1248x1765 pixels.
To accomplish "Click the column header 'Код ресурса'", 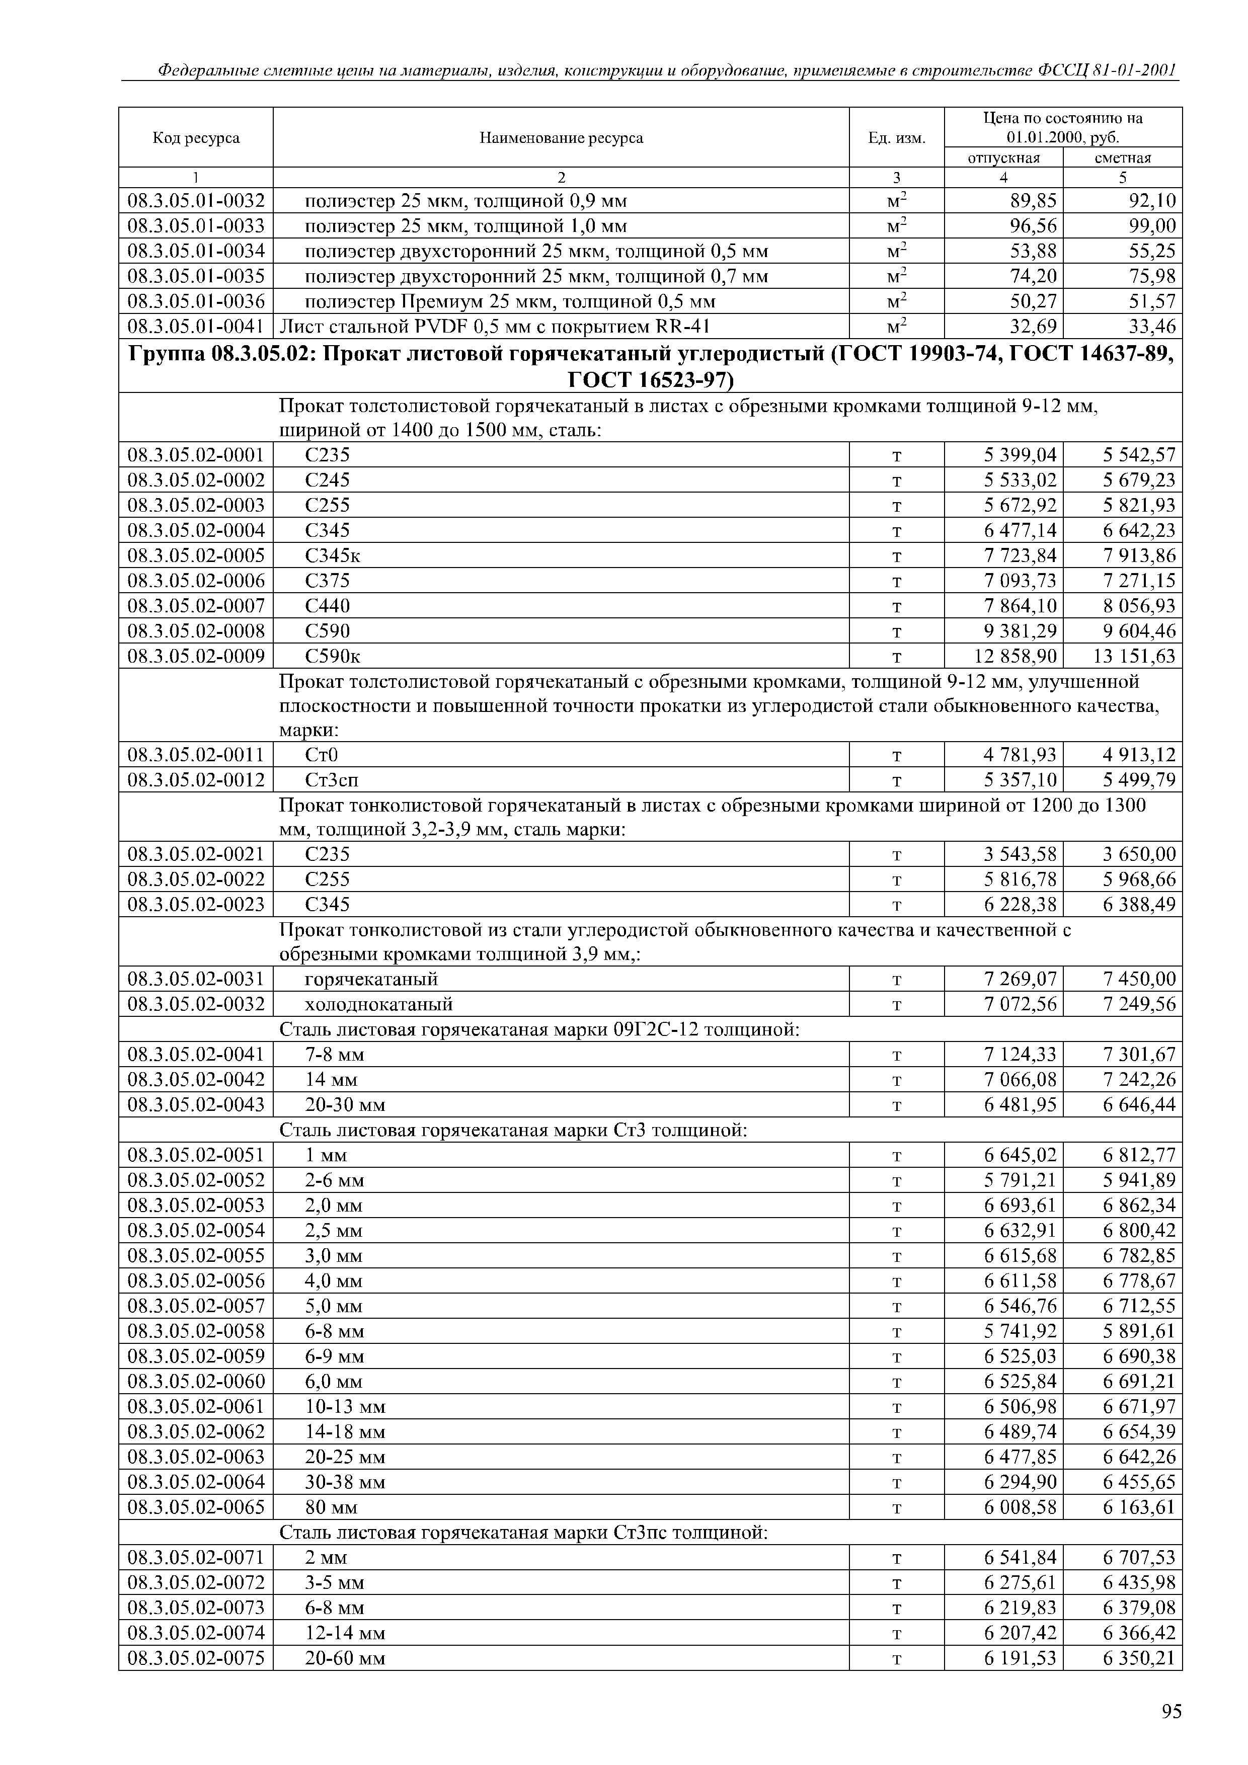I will [196, 138].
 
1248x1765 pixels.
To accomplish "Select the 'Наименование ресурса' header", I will [561, 138].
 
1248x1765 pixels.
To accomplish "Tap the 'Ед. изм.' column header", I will [897, 138].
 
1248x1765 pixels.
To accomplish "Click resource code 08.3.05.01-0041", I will [196, 327].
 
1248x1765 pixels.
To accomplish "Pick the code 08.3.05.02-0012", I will [196, 780].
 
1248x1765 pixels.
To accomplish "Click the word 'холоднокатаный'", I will [379, 1005].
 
